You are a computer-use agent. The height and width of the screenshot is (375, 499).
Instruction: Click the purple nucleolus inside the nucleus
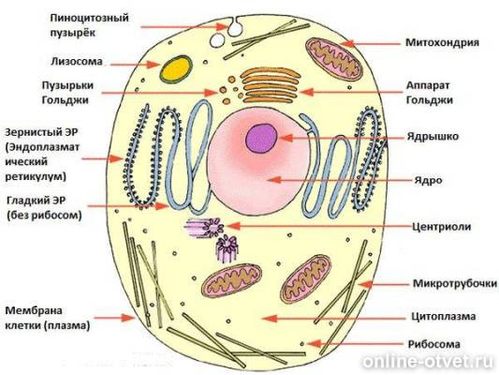pyautogui.click(x=261, y=138)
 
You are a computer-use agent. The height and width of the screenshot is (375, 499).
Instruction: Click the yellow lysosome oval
pyautogui.click(x=176, y=69)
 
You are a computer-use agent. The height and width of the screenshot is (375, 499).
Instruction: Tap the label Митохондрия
pyautogui.click(x=442, y=43)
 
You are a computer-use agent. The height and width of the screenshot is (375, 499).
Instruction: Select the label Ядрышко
pyautogui.click(x=433, y=137)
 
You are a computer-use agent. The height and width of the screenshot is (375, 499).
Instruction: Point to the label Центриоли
pyautogui.click(x=441, y=227)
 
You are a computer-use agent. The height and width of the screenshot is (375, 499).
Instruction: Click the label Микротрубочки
pyautogui.click(x=455, y=283)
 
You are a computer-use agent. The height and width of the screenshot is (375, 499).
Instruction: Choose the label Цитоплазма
pyautogui.click(x=444, y=316)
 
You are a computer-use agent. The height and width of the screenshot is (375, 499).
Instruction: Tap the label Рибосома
pyautogui.click(x=434, y=344)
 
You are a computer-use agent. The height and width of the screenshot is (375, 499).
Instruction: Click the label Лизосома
pyautogui.click(x=77, y=61)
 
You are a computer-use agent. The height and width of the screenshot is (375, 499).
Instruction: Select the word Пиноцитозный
pyautogui.click(x=90, y=18)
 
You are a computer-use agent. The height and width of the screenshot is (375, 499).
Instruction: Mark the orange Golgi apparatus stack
pyautogui.click(x=271, y=85)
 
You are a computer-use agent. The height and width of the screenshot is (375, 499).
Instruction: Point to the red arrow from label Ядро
pyautogui.click(x=339, y=180)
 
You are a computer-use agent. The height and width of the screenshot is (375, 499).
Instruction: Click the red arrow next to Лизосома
pyautogui.click(x=135, y=65)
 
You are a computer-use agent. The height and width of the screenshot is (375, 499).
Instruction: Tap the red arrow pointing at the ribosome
pyautogui.click(x=356, y=344)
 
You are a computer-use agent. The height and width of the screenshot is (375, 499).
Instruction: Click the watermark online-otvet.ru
pyautogui.click(x=430, y=361)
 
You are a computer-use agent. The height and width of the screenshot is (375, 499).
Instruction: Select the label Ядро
pyautogui.click(x=428, y=181)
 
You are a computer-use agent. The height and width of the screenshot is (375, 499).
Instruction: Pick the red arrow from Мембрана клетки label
pyautogui.click(x=114, y=318)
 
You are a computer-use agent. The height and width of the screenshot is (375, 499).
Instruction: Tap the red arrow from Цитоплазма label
pyautogui.click(x=334, y=318)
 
